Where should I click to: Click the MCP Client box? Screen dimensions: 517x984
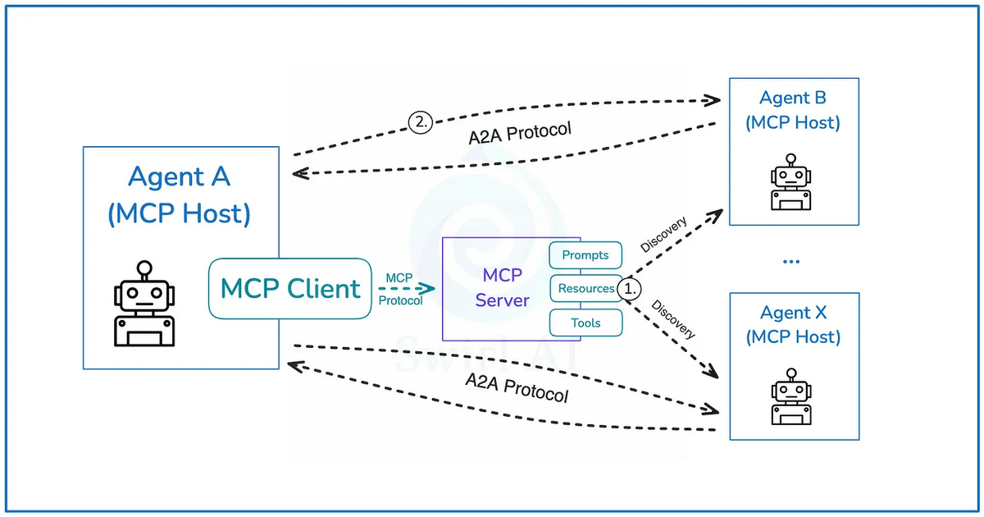[x=290, y=289]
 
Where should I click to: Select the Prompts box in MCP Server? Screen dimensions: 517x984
[x=585, y=255]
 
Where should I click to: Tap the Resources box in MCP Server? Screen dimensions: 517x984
[x=585, y=289]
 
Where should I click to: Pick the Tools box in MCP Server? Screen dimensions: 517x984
[x=585, y=323]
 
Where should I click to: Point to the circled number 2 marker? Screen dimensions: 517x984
[x=420, y=123]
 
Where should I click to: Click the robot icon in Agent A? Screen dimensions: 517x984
[x=144, y=304]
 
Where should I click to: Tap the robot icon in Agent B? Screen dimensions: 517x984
[x=791, y=182]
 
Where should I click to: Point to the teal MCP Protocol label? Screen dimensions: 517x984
[x=400, y=290]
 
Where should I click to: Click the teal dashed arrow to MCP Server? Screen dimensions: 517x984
[x=406, y=289]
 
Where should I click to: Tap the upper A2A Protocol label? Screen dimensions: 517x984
[x=519, y=134]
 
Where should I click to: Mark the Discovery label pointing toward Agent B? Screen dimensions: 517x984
[x=664, y=235]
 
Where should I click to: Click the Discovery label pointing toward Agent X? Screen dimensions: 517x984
[x=673, y=320]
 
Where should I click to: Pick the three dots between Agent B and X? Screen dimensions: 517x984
[x=791, y=262]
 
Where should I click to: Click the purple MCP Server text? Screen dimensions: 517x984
[x=503, y=288]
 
